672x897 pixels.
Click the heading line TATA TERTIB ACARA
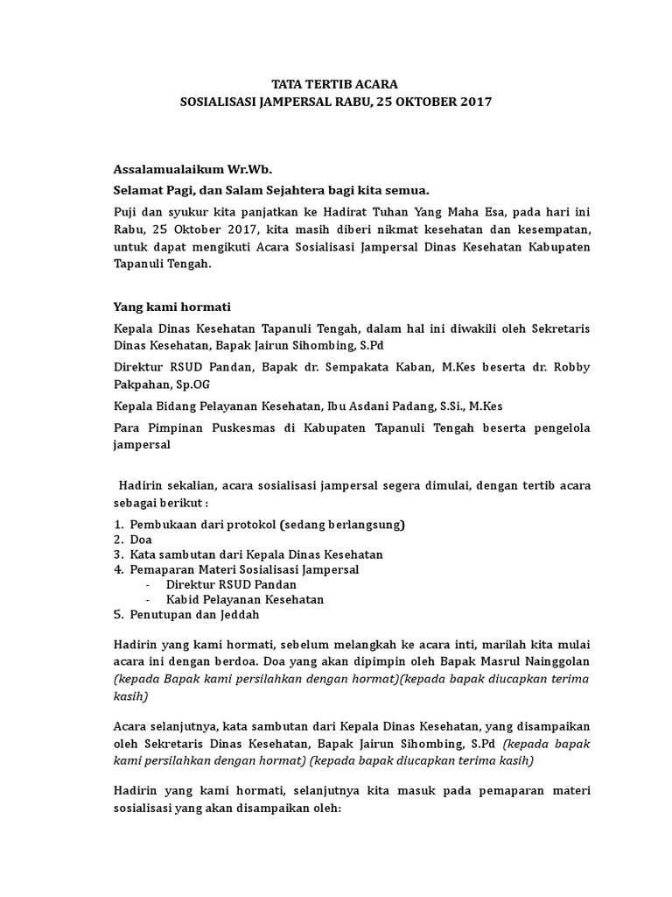click(x=335, y=84)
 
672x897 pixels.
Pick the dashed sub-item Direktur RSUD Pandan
click(x=231, y=584)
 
